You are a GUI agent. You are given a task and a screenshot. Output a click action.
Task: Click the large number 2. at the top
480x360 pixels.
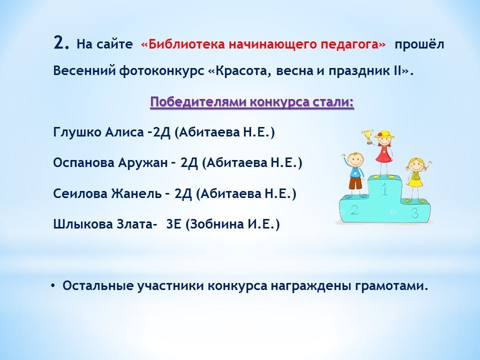coord(61,42)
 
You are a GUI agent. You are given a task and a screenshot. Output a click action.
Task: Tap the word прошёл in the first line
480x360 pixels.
coord(419,44)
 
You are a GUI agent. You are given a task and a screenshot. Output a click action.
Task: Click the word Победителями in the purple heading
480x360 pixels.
coord(198,102)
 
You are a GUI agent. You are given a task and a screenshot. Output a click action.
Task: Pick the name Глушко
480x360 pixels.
coord(77,132)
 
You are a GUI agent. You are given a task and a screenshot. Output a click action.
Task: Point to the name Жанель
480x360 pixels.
coord(136,193)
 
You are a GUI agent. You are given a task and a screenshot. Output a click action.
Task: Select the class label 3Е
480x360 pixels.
coord(174,224)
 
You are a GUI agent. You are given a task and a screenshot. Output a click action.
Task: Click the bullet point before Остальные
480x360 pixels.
coord(53,286)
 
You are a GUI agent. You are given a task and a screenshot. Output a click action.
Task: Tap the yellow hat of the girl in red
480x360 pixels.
coord(384,134)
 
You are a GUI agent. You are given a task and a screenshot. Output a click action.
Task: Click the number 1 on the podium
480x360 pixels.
coord(384,188)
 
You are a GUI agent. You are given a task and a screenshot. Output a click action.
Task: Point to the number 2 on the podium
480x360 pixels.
coord(354,209)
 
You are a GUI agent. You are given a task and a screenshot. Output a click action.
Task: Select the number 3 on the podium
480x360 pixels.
coord(415,212)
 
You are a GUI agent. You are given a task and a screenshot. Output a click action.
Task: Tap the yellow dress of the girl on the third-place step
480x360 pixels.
coord(415,179)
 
